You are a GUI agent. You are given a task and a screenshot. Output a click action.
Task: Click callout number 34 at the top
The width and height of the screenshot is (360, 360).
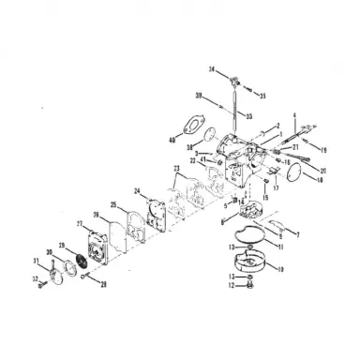pyautogui.click(x=212, y=70)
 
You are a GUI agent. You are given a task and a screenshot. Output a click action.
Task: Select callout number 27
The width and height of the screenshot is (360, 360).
pyautogui.click(x=80, y=224)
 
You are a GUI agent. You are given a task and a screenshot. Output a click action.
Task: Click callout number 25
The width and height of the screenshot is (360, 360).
pyautogui.click(x=113, y=204)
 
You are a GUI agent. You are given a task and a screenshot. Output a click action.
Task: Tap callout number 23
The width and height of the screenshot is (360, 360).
pyautogui.click(x=175, y=169)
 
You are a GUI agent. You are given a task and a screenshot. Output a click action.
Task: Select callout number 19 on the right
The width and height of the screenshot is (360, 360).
pyautogui.click(x=323, y=150)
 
